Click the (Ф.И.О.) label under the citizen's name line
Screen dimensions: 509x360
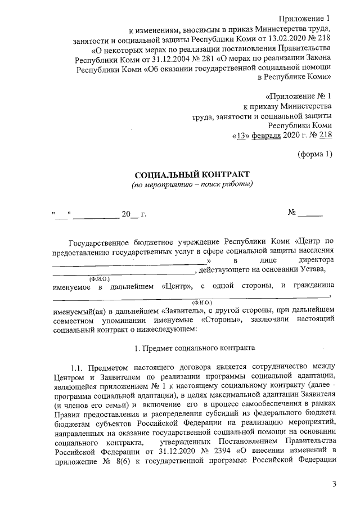(202, 302)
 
